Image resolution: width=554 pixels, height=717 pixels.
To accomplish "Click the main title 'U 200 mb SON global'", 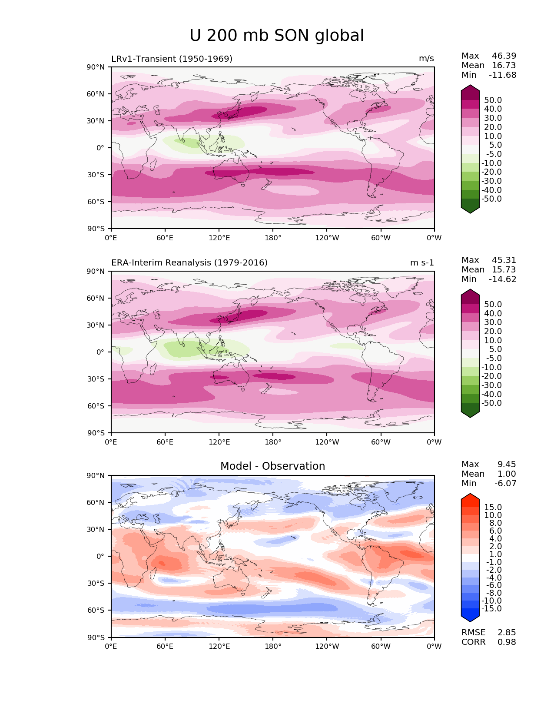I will tap(277, 36).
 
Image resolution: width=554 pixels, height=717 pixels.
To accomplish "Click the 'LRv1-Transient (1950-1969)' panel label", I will tap(172, 59).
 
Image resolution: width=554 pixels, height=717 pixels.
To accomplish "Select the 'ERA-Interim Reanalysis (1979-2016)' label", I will tap(189, 262).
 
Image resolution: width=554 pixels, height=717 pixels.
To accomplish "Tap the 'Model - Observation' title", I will tap(272, 466).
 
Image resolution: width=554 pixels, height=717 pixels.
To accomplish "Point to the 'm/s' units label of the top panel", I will tap(426, 59).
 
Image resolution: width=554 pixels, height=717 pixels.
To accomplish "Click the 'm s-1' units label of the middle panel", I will tap(422, 262).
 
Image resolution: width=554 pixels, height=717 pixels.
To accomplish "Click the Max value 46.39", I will tap(504, 56).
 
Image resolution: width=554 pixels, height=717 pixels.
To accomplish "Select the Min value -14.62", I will tap(503, 279).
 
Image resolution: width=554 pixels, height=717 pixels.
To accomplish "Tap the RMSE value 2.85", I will tap(507, 632).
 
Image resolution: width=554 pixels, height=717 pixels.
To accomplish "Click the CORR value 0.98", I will tap(507, 642).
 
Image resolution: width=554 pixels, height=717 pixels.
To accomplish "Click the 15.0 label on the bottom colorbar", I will tap(493, 507).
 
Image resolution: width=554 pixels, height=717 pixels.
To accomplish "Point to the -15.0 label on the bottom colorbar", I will tap(491, 608).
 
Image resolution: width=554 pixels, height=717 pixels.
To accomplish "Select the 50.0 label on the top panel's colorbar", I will tap(493, 100).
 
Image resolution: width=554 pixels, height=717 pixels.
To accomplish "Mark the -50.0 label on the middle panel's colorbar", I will tap(491, 403).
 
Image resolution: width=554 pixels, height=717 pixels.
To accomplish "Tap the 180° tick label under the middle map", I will tap(273, 442).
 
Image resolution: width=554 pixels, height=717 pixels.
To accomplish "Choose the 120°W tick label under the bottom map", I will tap(327, 646).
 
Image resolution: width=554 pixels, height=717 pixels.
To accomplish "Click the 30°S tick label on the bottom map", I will tap(96, 583).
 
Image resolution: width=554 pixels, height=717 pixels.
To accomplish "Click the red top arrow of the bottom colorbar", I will tap(470, 499).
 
